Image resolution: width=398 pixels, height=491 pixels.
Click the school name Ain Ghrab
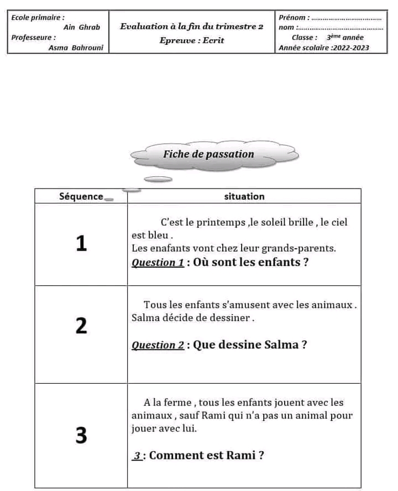tap(82, 27)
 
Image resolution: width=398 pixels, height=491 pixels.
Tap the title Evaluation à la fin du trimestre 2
tap(191, 26)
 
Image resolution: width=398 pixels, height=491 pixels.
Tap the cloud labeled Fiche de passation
tap(208, 154)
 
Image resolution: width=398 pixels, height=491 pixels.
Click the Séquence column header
tap(81, 196)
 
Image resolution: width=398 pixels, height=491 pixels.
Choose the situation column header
tap(244, 196)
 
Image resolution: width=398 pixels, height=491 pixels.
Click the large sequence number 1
tap(81, 243)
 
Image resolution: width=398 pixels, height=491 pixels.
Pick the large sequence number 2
tap(81, 326)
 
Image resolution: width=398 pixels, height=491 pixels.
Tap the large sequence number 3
tap(81, 436)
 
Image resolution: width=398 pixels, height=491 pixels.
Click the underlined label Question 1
tap(158, 263)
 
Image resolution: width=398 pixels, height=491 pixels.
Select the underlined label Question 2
tap(158, 345)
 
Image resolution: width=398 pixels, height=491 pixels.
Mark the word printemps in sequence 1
tap(223, 222)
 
